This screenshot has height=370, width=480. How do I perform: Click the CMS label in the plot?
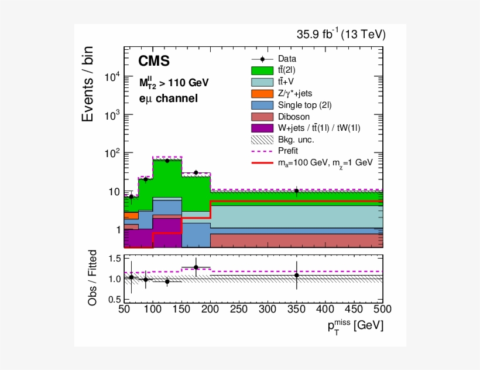coord(154,62)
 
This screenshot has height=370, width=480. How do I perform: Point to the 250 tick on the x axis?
coord(239,309)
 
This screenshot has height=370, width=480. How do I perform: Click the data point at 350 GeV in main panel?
coord(297,191)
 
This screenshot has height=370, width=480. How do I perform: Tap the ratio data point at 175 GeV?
coord(196,267)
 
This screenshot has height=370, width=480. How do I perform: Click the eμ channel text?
coord(169,99)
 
